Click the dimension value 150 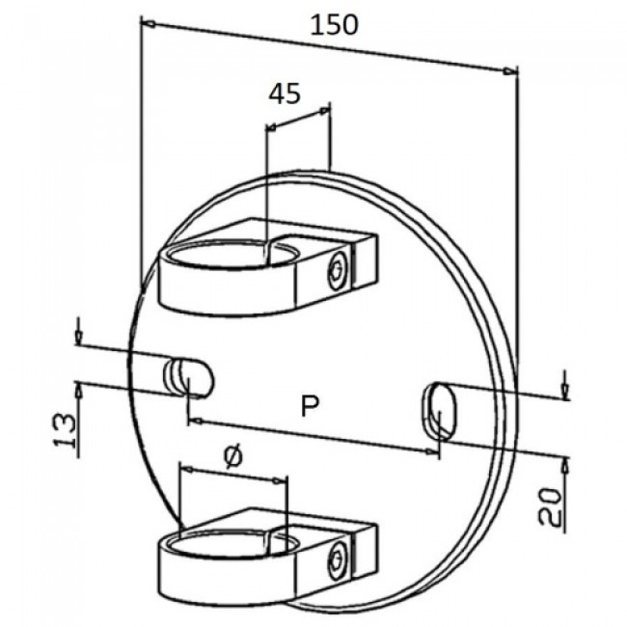(335, 25)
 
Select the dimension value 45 (284, 95)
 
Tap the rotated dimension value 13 (65, 430)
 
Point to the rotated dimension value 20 (550, 506)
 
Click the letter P (310, 405)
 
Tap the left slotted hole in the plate (189, 378)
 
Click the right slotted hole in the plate (439, 410)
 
